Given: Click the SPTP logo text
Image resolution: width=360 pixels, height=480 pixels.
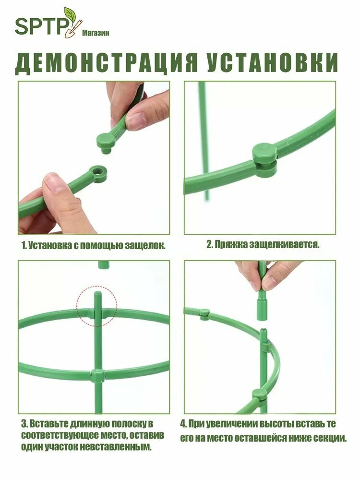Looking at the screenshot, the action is pyautogui.click(x=41, y=26).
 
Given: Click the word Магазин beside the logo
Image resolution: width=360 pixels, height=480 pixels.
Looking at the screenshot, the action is pyautogui.click(x=96, y=33).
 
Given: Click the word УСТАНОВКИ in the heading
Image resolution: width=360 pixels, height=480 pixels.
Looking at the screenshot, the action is pyautogui.click(x=272, y=62).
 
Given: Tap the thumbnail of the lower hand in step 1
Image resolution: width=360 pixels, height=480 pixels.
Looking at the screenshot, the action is pyautogui.click(x=54, y=184).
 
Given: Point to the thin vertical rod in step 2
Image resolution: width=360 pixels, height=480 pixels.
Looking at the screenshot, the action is pyautogui.click(x=204, y=141).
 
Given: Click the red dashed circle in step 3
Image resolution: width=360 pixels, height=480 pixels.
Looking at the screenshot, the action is pyautogui.click(x=97, y=306).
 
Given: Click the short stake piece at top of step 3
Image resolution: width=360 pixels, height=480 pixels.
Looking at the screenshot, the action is pyautogui.click(x=104, y=265).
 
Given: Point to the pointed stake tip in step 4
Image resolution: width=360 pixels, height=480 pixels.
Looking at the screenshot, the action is pyautogui.click(x=263, y=331).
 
